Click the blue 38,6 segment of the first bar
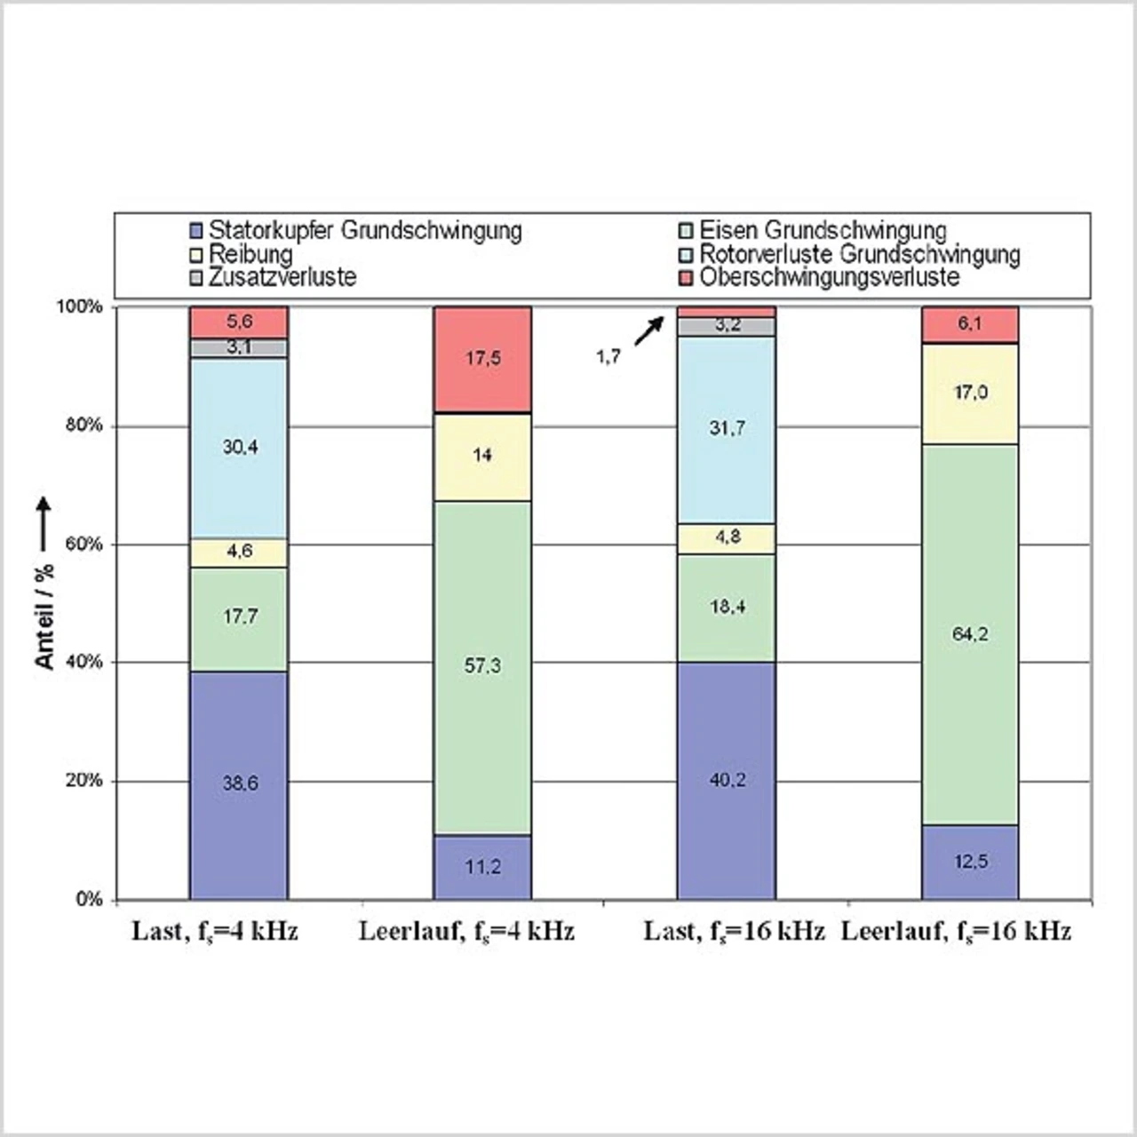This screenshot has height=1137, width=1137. coord(239,784)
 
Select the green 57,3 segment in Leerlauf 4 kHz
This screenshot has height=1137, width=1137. coord(482,666)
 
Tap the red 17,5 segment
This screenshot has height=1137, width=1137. coord(482,359)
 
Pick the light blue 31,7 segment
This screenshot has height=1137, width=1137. coord(727,429)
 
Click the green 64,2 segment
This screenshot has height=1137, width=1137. coord(970,634)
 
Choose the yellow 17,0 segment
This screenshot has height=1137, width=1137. coord(970,393)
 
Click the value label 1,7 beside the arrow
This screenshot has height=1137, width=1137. coord(608,357)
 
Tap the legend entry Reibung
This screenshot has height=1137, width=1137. coord(250,254)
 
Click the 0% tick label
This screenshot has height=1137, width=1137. coord(89,899)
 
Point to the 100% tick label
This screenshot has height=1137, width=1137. coord(80,306)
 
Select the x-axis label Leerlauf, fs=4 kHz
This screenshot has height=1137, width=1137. coord(466,931)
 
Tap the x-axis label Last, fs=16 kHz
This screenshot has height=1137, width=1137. coord(734,931)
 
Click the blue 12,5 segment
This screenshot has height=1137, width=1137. coord(970,862)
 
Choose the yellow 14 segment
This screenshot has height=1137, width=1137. coord(482,456)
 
